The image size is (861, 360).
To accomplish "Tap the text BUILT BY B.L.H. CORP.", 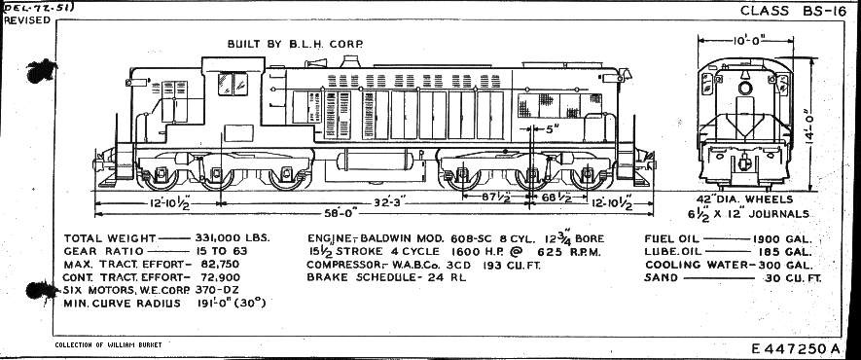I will [x=296, y=44].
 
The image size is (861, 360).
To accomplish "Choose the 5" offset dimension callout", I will [x=552, y=127].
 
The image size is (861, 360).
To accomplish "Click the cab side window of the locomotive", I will [x=232, y=85].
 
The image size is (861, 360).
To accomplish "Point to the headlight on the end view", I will [x=746, y=89].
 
